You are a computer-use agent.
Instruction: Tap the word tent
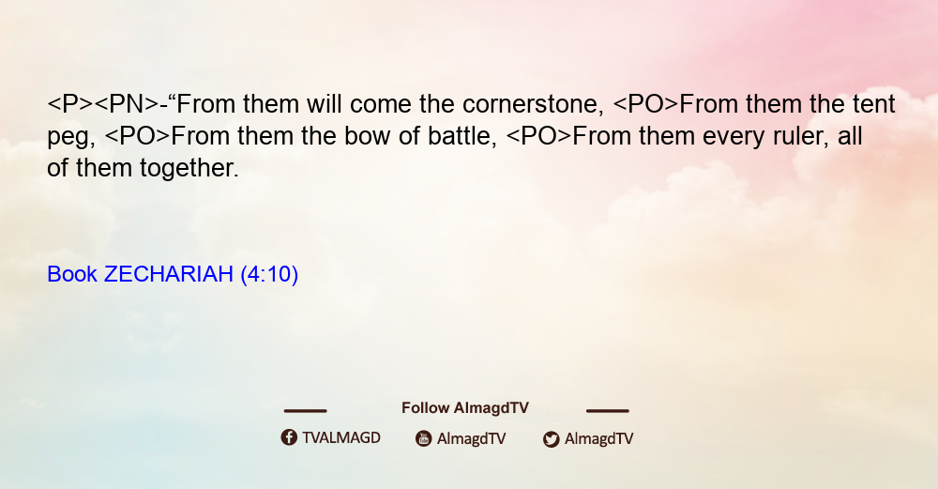[874, 105]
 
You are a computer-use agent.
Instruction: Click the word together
[189, 169]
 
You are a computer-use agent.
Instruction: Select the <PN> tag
[127, 105]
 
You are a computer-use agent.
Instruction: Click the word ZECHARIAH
[169, 274]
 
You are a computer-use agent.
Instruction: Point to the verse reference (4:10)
[269, 275]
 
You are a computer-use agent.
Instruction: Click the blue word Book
[72, 274]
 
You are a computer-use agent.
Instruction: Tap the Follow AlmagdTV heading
[465, 408]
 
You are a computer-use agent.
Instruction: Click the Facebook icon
[289, 437]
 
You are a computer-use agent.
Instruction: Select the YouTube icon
[424, 438]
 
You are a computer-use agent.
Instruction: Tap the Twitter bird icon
[552, 439]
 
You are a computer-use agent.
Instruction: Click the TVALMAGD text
[341, 438]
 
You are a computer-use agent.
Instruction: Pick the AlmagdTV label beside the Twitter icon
[598, 438]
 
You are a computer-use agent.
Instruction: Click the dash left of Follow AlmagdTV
[305, 411]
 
